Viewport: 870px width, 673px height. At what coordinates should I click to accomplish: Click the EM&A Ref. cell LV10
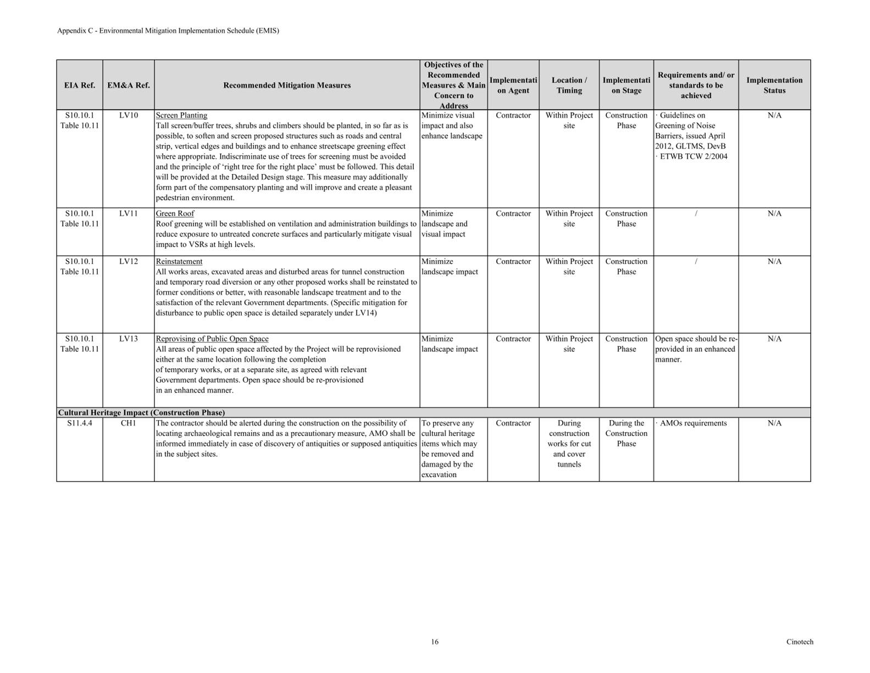[x=128, y=115]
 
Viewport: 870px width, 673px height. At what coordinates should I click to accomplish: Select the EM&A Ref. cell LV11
[x=128, y=213]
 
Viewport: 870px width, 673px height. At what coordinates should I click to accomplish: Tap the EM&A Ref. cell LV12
[x=128, y=261]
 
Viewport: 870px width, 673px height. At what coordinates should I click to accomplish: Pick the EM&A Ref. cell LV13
[x=128, y=339]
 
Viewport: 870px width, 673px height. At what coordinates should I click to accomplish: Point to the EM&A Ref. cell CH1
[x=128, y=423]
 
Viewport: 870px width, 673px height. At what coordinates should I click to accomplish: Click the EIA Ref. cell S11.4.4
[x=80, y=423]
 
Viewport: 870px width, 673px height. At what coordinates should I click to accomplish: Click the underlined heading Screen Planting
[x=181, y=115]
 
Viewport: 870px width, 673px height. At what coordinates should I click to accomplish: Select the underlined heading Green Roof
[x=175, y=213]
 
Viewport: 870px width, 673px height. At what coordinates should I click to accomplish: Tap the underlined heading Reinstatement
[x=179, y=261]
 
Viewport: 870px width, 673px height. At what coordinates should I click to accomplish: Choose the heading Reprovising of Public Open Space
[x=212, y=339]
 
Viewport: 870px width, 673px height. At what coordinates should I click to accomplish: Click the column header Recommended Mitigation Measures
[x=287, y=85]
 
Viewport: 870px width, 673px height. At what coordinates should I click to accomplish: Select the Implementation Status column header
[x=774, y=85]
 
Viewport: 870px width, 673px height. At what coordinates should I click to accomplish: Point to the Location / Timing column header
[x=569, y=85]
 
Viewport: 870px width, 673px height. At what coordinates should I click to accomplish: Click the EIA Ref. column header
[x=80, y=85]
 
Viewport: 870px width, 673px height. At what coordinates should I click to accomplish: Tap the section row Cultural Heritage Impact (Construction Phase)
[x=141, y=412]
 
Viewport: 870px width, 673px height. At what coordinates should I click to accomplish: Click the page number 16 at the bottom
[x=435, y=642]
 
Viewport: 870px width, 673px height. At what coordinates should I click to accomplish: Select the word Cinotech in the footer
[x=799, y=642]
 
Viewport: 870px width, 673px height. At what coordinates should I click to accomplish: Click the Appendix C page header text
[x=168, y=31]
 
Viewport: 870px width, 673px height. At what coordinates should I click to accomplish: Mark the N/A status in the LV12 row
[x=774, y=261]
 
